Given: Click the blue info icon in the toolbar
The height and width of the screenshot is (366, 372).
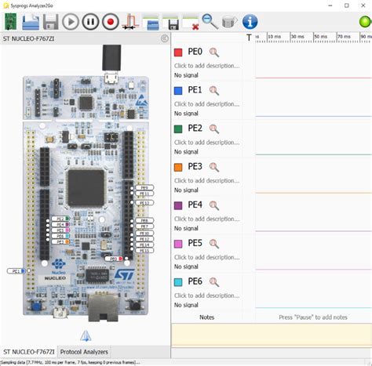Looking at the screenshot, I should click(x=250, y=22).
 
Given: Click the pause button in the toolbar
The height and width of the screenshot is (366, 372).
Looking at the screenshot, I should click(x=91, y=22).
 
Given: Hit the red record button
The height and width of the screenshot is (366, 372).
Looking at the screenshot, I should click(x=111, y=22).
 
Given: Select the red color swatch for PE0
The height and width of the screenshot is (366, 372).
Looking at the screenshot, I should click(x=178, y=53).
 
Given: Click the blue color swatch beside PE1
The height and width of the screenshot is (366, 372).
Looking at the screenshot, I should click(x=178, y=91).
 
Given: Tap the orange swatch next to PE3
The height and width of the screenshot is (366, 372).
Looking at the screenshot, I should click(x=178, y=167).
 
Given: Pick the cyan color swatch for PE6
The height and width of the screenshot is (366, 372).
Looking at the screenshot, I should click(x=178, y=282).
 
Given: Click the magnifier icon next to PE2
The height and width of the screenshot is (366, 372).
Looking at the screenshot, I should click(x=213, y=129).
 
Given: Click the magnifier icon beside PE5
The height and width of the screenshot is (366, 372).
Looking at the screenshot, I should click(x=213, y=244).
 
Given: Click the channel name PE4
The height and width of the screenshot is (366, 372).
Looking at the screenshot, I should click(x=195, y=205).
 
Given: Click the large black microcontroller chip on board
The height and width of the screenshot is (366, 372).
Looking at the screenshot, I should click(x=85, y=186).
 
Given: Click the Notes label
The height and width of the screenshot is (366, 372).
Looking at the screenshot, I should click(x=206, y=317).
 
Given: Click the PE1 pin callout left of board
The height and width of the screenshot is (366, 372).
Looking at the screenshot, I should click(x=14, y=271).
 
